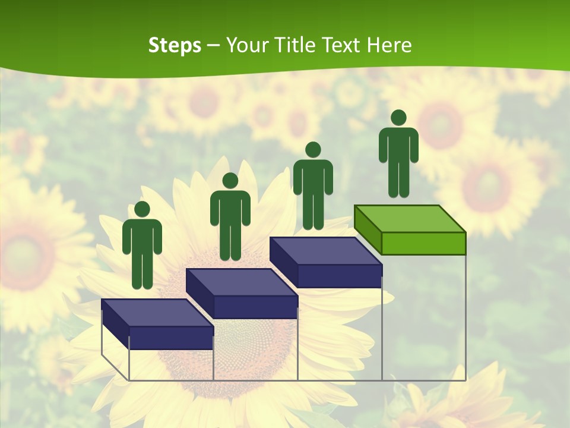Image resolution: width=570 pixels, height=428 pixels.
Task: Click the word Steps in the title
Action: tap(175, 45)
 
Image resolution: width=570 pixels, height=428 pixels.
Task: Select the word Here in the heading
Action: tap(389, 45)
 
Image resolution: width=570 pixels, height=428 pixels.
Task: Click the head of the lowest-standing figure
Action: tap(142, 209)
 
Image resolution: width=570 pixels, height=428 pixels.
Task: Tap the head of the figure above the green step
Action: tap(398, 118)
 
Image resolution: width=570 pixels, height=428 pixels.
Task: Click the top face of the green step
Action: tap(410, 218)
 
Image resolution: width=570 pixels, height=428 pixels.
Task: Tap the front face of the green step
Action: tap(423, 243)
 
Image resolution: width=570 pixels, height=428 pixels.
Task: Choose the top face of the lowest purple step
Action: tap(157, 313)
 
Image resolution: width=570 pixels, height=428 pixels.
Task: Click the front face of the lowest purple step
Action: tap(171, 338)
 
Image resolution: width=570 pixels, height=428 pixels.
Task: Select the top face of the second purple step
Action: tap(241, 282)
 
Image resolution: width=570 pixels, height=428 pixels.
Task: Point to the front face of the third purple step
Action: tap(340, 276)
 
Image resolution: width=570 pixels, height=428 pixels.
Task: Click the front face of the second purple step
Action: tap(255, 307)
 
